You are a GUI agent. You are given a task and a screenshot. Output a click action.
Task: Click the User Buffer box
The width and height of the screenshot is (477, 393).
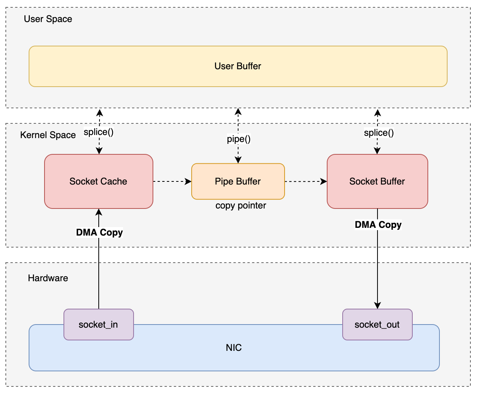tap(238, 66)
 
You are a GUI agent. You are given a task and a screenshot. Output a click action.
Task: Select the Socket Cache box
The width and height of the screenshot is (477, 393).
tap(98, 181)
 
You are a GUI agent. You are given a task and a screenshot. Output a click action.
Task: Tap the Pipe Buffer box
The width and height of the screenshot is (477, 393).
tap(238, 181)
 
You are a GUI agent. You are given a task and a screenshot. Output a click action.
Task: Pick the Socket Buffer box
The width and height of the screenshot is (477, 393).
tap(377, 181)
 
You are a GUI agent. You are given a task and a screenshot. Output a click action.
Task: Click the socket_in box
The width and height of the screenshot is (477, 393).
tap(98, 325)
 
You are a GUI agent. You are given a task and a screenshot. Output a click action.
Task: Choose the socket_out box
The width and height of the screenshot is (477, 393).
tap(377, 325)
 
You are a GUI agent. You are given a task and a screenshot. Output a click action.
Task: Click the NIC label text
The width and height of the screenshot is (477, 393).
tap(234, 348)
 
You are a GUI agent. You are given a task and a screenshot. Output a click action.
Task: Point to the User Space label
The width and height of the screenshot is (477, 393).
tap(48, 19)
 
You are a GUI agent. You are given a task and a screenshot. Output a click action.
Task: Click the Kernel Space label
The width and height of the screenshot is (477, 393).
tap(48, 135)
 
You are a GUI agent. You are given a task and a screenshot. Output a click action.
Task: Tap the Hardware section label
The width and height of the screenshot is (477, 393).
tap(48, 278)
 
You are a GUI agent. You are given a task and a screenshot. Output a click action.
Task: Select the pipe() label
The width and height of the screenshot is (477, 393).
tap(238, 139)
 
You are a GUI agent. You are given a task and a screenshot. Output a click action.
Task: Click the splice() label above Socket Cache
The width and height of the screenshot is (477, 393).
tap(98, 132)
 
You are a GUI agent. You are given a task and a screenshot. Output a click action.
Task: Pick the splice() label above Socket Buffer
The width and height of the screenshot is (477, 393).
tap(379, 133)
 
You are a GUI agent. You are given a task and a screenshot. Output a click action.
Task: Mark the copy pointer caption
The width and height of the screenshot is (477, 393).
tap(241, 205)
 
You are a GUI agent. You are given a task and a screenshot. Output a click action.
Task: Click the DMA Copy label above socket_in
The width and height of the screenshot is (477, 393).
tap(100, 232)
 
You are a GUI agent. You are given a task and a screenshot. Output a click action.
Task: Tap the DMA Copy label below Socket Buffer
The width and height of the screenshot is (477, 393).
tap(378, 225)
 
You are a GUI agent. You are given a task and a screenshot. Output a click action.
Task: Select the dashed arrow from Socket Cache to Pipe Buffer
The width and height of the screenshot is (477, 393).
tap(172, 181)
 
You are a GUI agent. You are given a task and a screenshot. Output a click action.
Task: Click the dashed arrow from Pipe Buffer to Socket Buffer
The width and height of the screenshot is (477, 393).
tap(305, 181)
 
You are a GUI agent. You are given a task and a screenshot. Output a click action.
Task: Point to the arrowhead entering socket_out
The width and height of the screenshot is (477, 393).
tap(377, 306)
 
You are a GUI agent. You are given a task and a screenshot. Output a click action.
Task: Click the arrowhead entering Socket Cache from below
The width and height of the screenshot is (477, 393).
tap(99, 212)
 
